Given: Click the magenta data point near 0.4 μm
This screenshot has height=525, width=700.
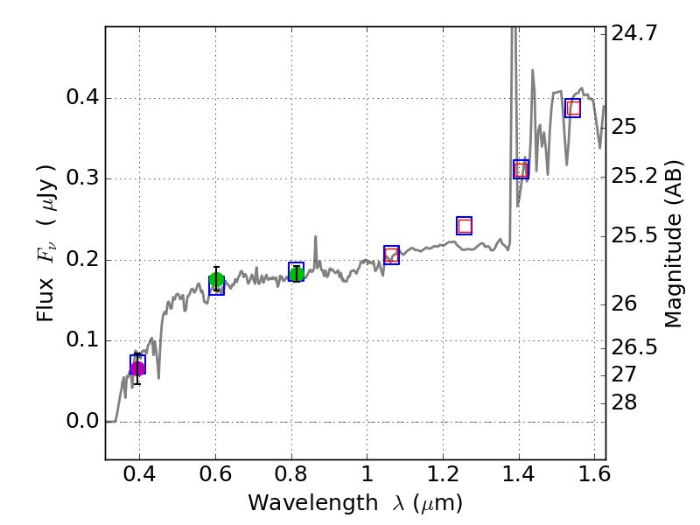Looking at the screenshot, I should (x=137, y=368).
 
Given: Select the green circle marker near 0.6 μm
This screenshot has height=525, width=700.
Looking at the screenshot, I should (x=216, y=280).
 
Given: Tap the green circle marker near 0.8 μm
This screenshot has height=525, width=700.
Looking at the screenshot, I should (x=297, y=274).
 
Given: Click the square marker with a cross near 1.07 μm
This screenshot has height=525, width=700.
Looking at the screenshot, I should (x=391, y=255).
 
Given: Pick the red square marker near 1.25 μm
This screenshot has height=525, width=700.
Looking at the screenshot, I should (x=465, y=226).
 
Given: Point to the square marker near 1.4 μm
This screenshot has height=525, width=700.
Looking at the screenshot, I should (x=521, y=169).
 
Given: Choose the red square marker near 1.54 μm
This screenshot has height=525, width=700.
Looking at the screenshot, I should (x=573, y=108).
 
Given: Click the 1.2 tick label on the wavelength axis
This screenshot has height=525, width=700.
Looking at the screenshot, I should (x=444, y=478).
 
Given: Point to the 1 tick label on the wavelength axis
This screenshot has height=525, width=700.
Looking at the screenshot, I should (x=367, y=478).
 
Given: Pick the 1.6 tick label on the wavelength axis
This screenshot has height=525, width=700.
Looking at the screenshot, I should (x=595, y=478).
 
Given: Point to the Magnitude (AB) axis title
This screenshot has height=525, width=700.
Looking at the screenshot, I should (x=673, y=243).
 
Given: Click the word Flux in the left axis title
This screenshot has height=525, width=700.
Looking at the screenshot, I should (x=45, y=298).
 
